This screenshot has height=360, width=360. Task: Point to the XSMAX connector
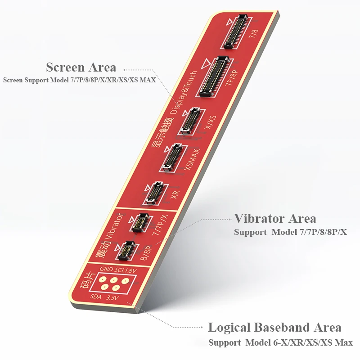point(171,157)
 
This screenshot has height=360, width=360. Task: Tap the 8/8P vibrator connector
point(125,251)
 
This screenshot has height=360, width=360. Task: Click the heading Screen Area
point(81,67)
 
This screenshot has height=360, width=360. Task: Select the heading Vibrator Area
point(275,219)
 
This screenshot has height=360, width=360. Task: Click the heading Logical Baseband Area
point(274,327)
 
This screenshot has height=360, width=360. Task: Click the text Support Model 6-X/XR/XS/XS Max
point(280,343)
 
